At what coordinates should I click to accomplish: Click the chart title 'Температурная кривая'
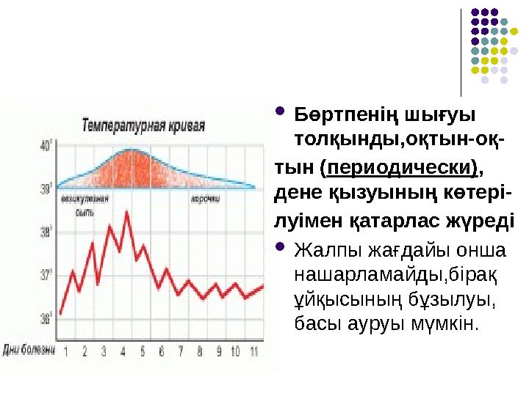[143, 124]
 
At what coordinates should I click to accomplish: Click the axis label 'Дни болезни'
[29, 350]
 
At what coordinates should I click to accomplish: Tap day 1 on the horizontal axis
[66, 351]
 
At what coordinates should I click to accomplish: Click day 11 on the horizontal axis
[253, 351]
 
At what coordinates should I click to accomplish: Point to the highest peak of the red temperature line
[127, 213]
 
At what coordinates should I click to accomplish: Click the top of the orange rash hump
[130, 150]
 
